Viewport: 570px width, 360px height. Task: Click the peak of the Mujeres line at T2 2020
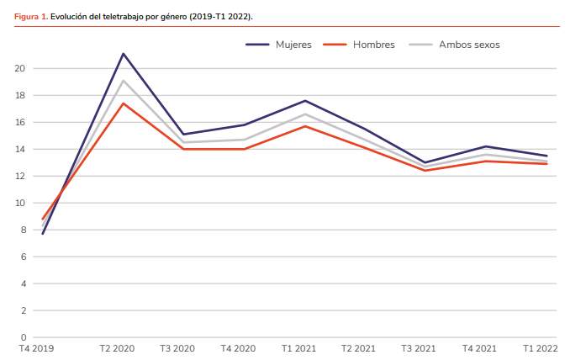pyautogui.click(x=124, y=54)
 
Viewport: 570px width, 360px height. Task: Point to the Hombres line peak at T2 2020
pyautogui.click(x=124, y=103)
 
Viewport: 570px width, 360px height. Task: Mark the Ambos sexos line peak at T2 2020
pyautogui.click(x=124, y=81)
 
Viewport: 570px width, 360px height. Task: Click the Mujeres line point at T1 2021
pyautogui.click(x=305, y=101)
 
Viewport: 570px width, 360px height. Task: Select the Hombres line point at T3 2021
pyautogui.click(x=425, y=171)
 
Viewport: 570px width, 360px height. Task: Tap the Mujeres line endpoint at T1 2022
pyautogui.click(x=547, y=156)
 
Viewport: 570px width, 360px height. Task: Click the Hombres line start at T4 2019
pyautogui.click(x=42, y=220)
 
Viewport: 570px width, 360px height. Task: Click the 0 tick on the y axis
pyautogui.click(x=23, y=337)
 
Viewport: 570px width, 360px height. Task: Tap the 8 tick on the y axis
pyautogui.click(x=23, y=230)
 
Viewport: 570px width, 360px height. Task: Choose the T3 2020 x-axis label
pyautogui.click(x=178, y=348)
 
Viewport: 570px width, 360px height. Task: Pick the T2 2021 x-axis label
pyautogui.click(x=358, y=348)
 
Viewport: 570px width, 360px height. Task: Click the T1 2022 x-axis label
pyautogui.click(x=540, y=348)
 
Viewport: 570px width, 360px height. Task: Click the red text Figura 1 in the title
pyautogui.click(x=30, y=16)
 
